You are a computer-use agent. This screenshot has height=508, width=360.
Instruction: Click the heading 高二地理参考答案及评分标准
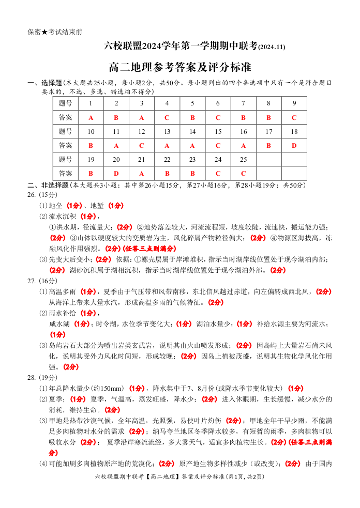(179, 67)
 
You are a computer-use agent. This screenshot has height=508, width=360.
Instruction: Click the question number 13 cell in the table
(167, 131)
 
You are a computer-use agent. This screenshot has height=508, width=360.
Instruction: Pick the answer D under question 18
(294, 146)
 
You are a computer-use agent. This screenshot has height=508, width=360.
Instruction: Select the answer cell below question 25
(243, 174)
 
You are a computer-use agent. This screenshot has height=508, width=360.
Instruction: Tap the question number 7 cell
(243, 103)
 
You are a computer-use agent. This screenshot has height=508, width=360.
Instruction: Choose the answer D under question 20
(116, 174)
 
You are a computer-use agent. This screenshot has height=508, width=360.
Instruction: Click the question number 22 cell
(167, 160)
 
